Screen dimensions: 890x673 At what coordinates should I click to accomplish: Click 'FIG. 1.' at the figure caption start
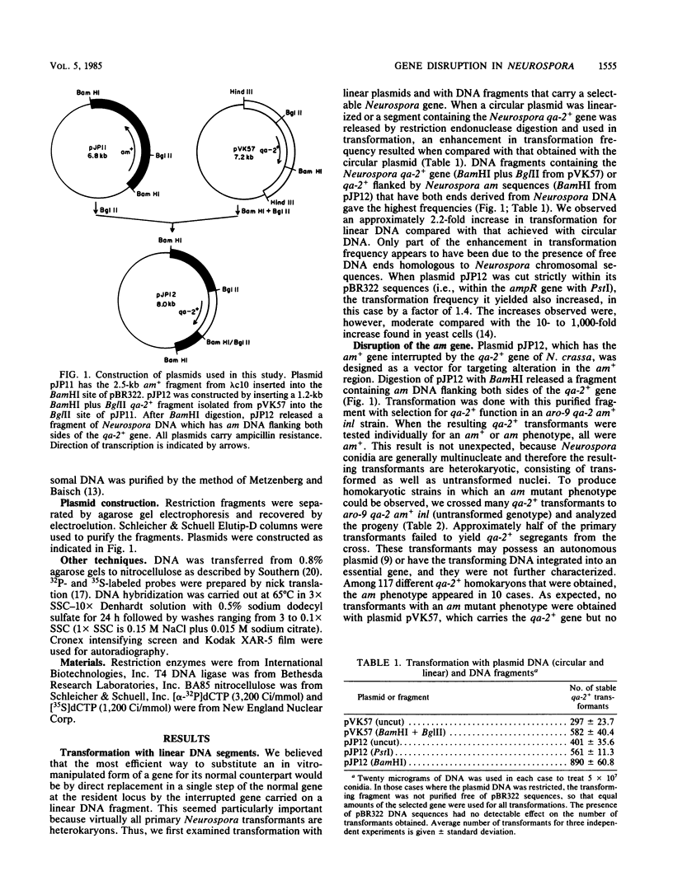click(x=65, y=409)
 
